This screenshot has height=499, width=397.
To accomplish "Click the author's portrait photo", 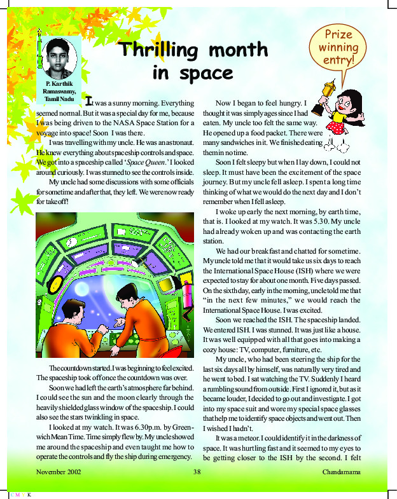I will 62,57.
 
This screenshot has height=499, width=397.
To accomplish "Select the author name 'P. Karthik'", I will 61,85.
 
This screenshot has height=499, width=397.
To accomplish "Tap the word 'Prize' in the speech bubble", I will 338,33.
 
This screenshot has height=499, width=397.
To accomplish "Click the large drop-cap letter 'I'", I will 89,100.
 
